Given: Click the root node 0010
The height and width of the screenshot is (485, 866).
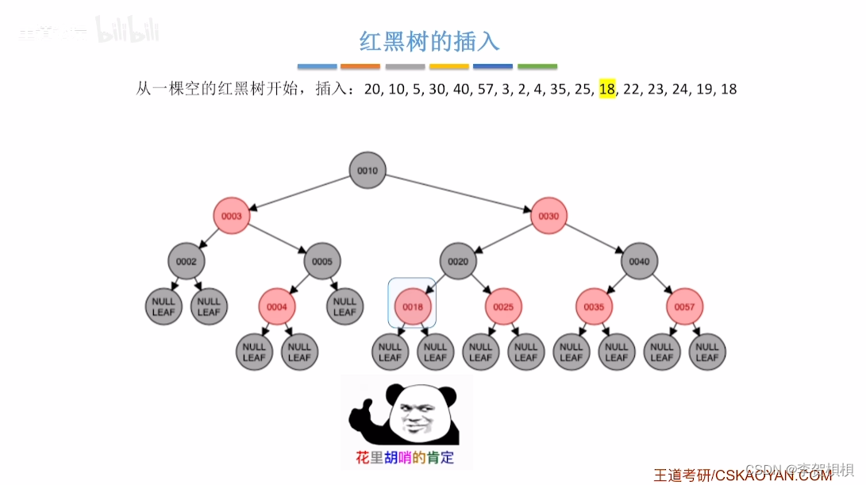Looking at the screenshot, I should point(368,171).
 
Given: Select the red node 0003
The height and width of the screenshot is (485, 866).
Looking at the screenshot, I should point(232,216).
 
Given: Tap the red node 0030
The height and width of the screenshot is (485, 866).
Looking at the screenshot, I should point(548,216).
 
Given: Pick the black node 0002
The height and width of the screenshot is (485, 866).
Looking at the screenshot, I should point(187,261).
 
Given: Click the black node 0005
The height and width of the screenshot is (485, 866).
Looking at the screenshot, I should point(322,261).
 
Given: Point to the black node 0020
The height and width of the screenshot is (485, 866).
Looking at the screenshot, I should point(458,261).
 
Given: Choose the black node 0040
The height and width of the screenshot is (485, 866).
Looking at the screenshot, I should point(639,261).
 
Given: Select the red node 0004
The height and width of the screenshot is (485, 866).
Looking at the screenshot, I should point(277,306).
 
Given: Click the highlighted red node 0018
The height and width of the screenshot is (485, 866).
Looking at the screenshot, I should point(413,306).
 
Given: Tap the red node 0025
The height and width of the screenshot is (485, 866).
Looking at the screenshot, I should point(503,306).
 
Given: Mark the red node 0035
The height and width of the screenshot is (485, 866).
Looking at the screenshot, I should point(594,306).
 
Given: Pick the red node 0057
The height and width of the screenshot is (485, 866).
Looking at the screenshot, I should point(684,306).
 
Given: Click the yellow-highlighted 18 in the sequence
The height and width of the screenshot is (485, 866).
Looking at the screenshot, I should point(607,89).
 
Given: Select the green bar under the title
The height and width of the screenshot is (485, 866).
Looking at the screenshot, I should point(537,67).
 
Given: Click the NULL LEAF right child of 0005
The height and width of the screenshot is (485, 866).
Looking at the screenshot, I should point(344,306).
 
